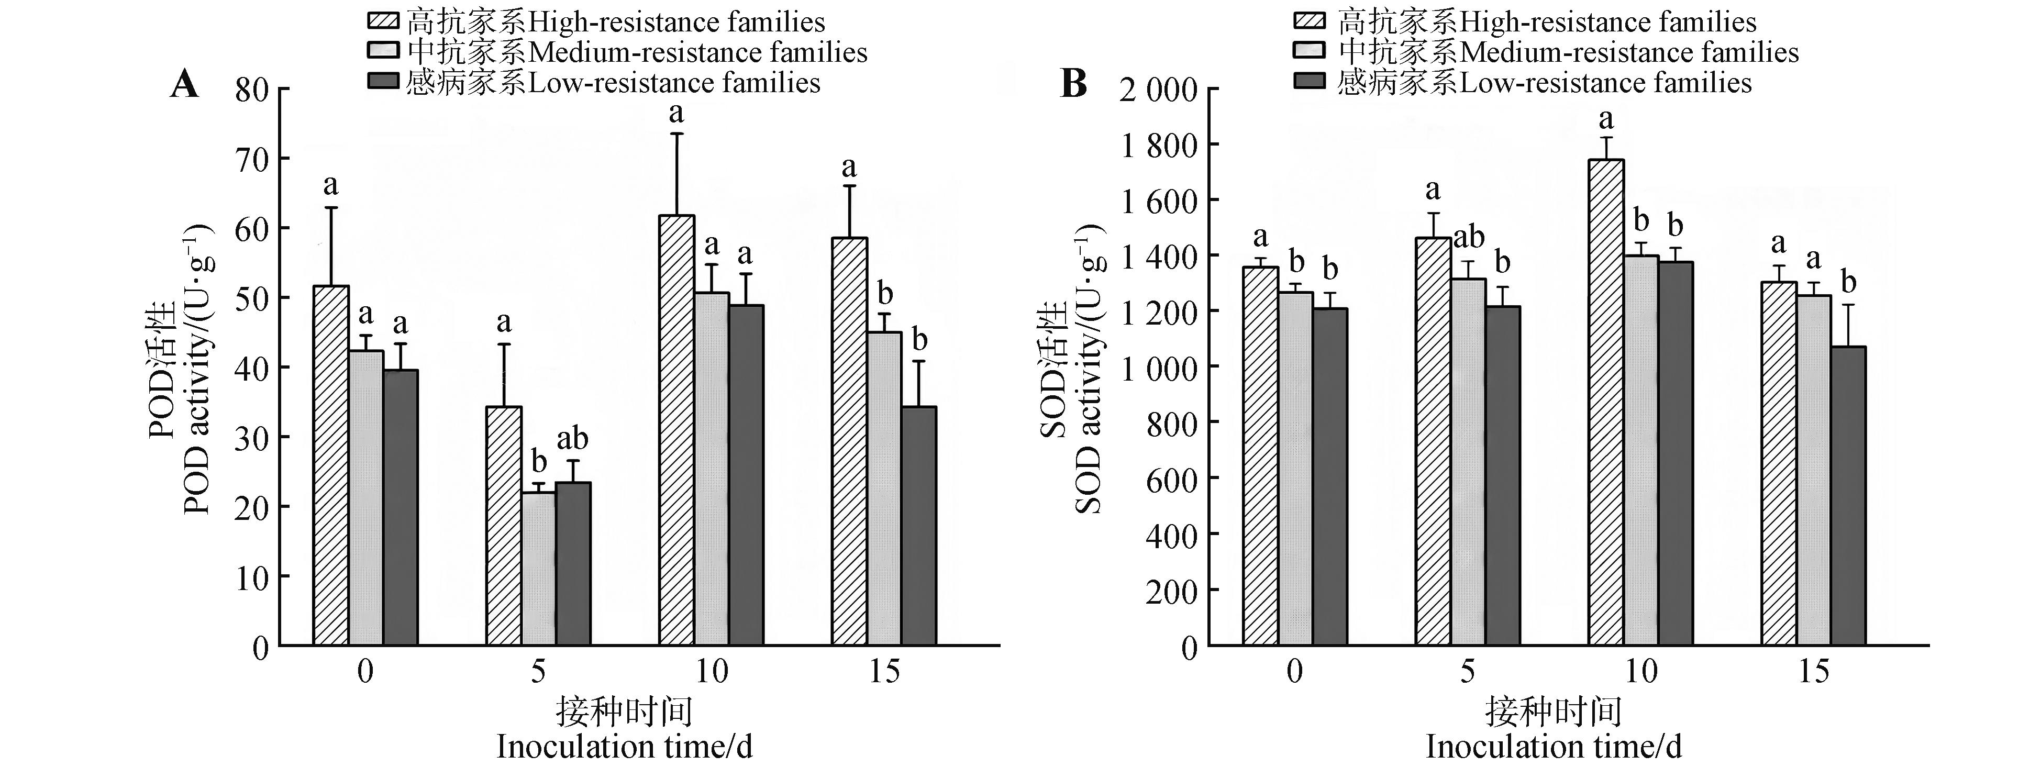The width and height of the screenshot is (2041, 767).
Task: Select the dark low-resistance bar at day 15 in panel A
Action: click(x=918, y=526)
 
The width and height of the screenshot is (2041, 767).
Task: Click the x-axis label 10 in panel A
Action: click(x=711, y=672)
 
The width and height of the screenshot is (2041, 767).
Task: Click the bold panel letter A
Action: click(x=185, y=83)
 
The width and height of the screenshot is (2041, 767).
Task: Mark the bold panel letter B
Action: click(x=1073, y=83)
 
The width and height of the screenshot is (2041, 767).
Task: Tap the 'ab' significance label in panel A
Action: click(x=573, y=438)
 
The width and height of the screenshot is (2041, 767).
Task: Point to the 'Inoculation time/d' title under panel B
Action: click(x=1553, y=747)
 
